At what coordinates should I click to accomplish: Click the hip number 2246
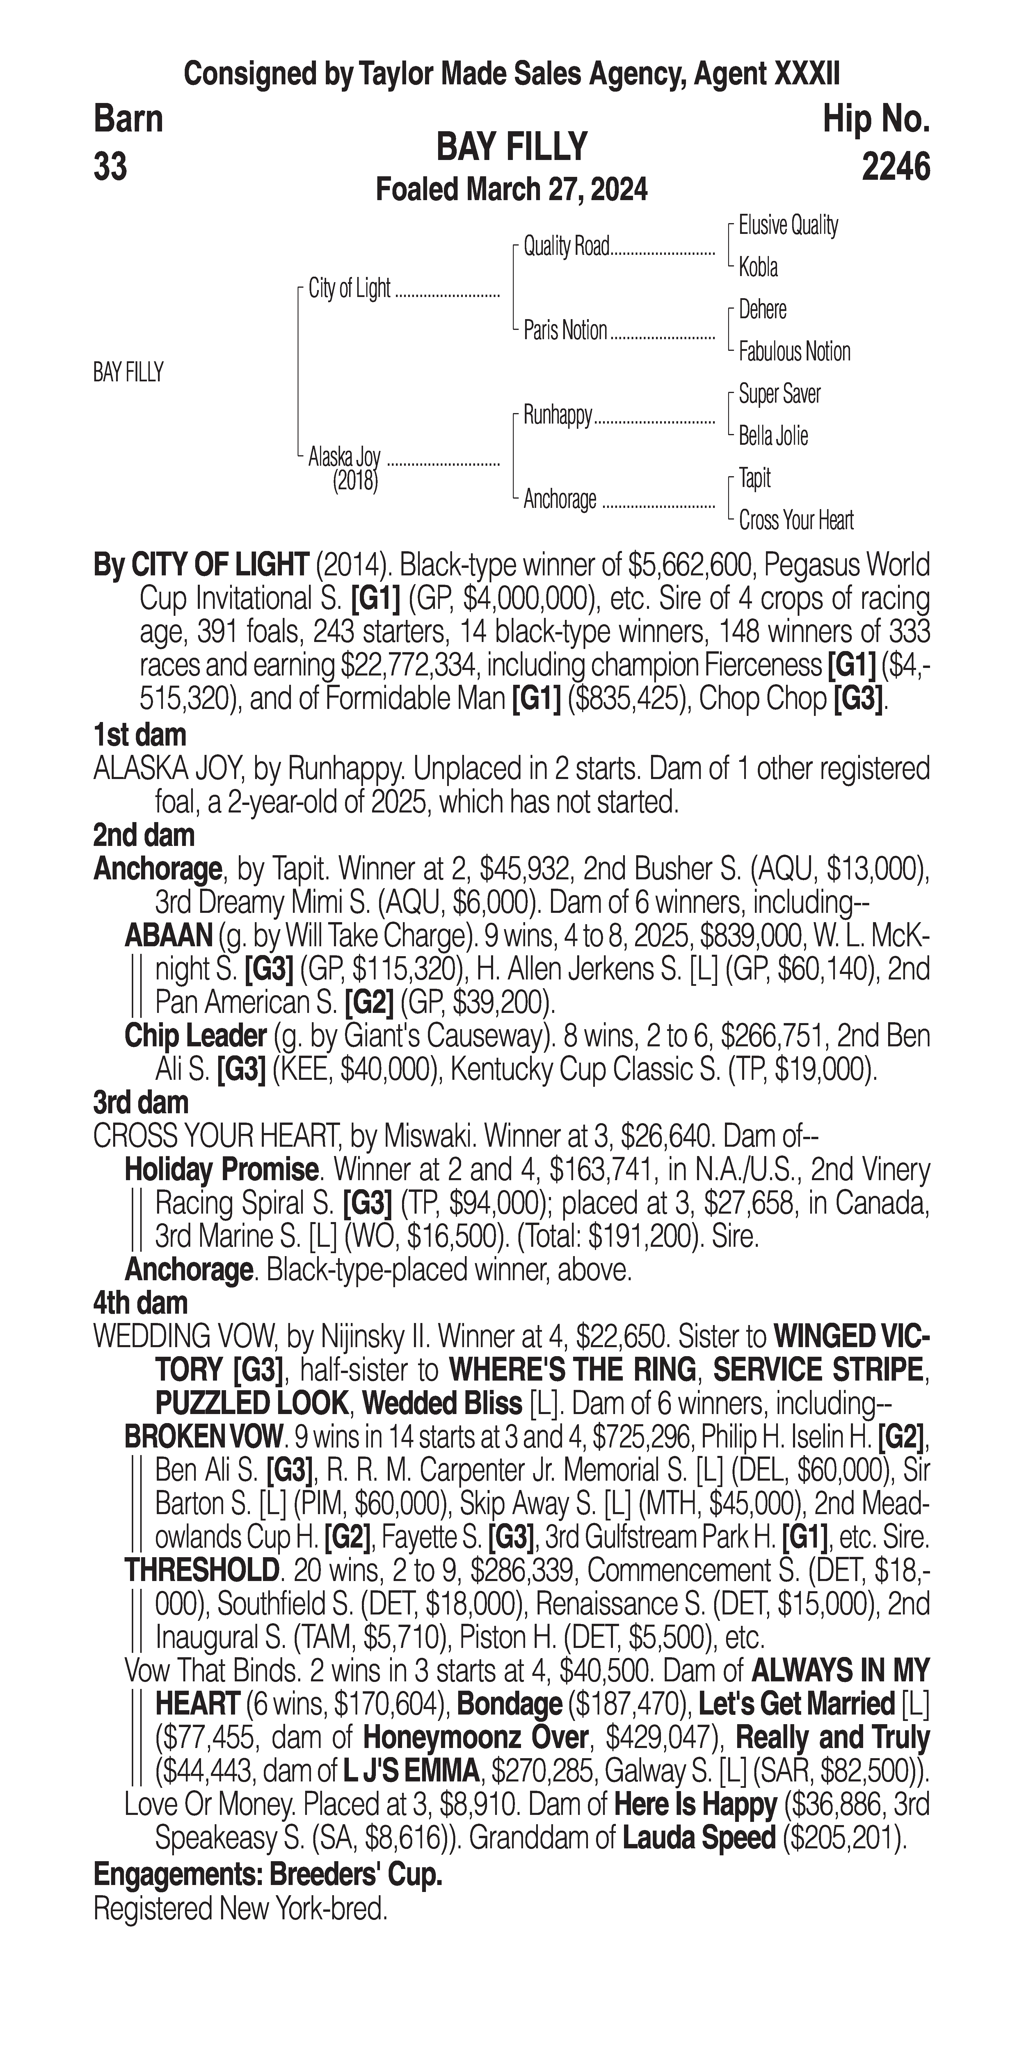coord(895,168)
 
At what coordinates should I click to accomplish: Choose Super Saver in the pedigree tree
coord(780,394)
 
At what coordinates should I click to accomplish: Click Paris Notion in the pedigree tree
coord(565,330)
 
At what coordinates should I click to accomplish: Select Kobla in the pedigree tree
coord(758,268)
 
